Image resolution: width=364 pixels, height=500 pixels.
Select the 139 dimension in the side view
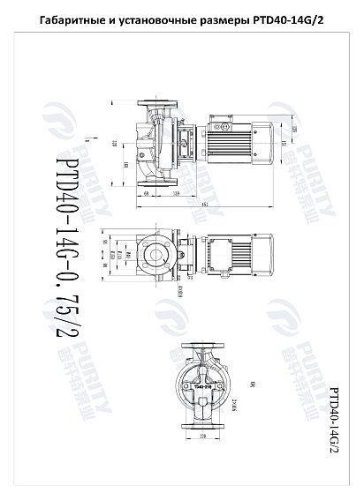coord(175,192)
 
